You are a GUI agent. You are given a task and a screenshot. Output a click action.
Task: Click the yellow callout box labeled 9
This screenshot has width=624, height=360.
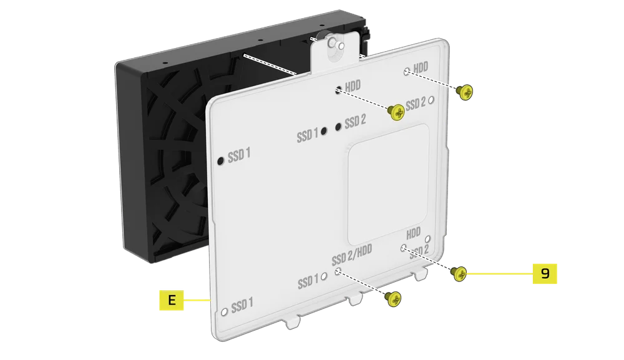(544, 273)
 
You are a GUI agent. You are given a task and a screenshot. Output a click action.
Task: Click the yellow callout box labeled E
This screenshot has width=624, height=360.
(171, 300)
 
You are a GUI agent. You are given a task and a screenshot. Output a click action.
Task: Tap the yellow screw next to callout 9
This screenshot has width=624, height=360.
(459, 273)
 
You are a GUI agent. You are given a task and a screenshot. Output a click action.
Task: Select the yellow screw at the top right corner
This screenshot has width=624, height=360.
(465, 92)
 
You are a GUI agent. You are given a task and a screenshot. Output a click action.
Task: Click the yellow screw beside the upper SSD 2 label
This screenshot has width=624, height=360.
(396, 112)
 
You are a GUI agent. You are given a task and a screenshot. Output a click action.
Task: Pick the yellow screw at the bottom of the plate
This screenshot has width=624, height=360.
(392, 298)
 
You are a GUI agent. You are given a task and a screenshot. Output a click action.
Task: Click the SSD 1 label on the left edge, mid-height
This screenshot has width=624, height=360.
(239, 156)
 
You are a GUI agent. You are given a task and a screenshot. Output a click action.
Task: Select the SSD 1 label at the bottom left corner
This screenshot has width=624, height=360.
(242, 306)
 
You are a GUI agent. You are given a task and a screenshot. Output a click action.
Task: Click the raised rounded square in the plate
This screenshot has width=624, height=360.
(388, 183)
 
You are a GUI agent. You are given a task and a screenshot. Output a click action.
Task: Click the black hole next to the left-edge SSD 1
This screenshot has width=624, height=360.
(220, 162)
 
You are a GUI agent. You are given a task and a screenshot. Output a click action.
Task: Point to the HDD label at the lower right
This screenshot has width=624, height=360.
(414, 235)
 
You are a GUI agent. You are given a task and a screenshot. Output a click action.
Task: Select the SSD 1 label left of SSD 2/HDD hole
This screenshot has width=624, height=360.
(308, 281)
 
